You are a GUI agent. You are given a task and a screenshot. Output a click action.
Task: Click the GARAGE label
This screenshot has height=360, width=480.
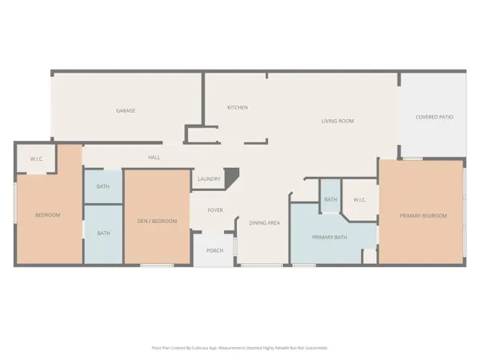[x=124, y=110]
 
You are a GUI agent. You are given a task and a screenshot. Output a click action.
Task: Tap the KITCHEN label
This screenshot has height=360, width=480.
[x=237, y=107]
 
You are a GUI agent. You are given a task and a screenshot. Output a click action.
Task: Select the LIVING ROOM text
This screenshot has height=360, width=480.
[x=338, y=121]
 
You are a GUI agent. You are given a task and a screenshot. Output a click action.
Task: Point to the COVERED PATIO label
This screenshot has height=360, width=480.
[x=434, y=118]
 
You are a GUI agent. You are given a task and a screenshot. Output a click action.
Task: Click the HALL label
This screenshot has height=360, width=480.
[x=154, y=158]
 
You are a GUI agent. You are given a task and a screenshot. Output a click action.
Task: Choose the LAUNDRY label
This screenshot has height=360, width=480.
[x=209, y=179]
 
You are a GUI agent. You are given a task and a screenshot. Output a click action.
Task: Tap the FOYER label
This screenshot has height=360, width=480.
[x=215, y=210]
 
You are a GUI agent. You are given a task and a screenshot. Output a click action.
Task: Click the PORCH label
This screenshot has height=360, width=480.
[x=214, y=250]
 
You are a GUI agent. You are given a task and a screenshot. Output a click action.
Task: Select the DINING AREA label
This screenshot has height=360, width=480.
[x=264, y=222]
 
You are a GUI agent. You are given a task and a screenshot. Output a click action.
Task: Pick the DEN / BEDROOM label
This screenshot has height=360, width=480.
[x=157, y=221]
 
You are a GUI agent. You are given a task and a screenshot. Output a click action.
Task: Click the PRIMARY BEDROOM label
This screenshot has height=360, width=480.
[x=423, y=215]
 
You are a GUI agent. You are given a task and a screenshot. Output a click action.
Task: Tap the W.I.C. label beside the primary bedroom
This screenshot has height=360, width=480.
[x=359, y=200]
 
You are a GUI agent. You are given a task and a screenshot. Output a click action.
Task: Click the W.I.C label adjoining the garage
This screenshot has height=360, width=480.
[x=37, y=158]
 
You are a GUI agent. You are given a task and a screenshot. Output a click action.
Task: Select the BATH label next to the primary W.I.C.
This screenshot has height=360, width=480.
[x=330, y=200]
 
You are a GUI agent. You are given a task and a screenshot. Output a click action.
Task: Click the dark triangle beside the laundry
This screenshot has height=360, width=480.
[x=231, y=176]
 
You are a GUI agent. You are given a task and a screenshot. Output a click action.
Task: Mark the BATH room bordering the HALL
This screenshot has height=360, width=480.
[x=103, y=187]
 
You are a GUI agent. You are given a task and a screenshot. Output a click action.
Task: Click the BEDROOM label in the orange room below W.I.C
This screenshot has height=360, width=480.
[x=47, y=215]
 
